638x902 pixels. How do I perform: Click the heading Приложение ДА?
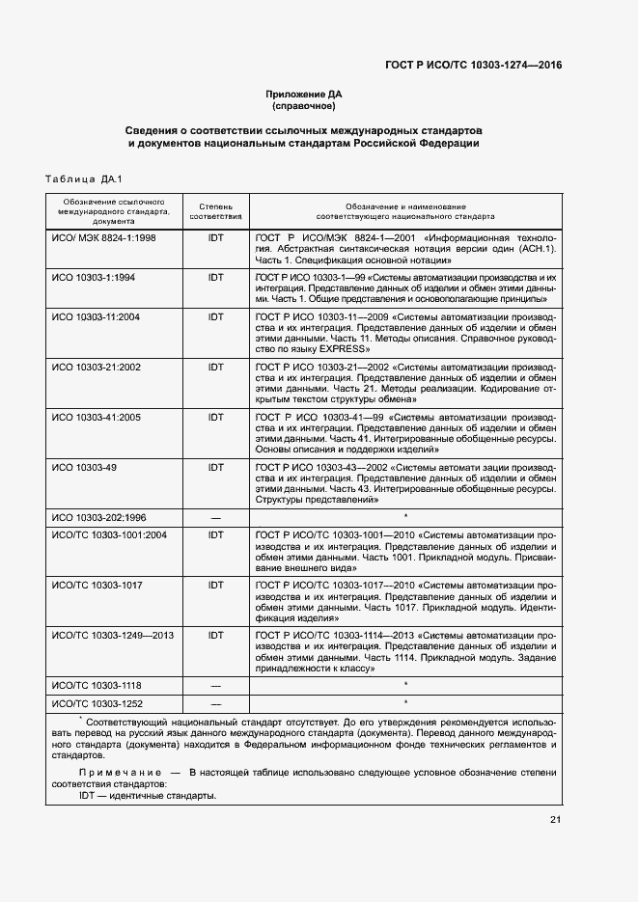pyautogui.click(x=304, y=94)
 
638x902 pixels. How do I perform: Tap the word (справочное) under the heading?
pyautogui.click(x=304, y=106)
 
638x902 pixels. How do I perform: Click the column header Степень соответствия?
pyautogui.click(x=215, y=211)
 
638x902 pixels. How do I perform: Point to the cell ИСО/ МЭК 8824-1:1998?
pyautogui.click(x=103, y=237)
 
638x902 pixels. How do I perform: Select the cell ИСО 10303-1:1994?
pyautogui.click(x=94, y=278)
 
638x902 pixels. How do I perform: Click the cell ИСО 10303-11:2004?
pyautogui.click(x=97, y=317)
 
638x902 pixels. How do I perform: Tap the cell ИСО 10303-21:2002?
pyautogui.click(x=97, y=368)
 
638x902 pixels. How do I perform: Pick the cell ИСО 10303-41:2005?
pyautogui.click(x=97, y=418)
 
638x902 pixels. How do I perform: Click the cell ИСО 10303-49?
pyautogui.click(x=85, y=468)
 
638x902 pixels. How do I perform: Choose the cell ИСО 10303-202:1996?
pyautogui.click(x=100, y=517)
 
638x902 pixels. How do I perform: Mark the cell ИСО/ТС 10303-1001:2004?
pyautogui.click(x=109, y=534)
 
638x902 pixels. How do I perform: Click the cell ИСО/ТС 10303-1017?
pyautogui.click(x=97, y=585)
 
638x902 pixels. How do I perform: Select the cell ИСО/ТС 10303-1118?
pyautogui.click(x=97, y=684)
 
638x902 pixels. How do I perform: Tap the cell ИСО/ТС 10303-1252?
pyautogui.click(x=97, y=703)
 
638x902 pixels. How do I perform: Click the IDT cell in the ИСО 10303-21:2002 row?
pyautogui.click(x=215, y=368)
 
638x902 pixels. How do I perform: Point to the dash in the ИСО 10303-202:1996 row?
pyautogui.click(x=215, y=518)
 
